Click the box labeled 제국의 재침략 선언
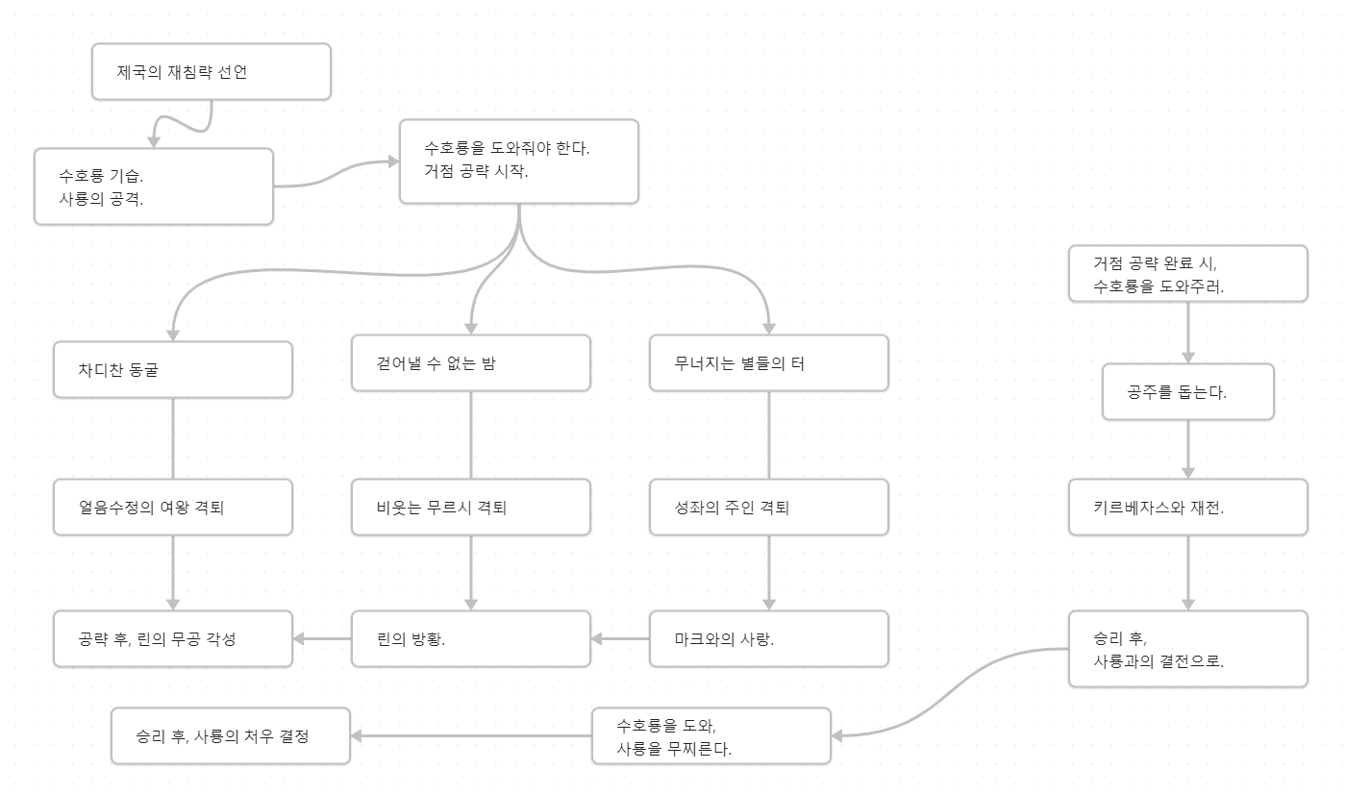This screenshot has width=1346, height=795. click(x=212, y=71)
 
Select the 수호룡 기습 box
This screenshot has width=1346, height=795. click(x=154, y=186)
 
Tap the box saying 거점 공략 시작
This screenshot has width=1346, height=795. click(x=519, y=161)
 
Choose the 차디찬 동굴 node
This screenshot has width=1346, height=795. click(x=173, y=369)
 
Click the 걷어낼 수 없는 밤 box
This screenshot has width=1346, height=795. click(x=471, y=363)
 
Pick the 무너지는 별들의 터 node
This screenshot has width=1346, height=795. click(x=769, y=363)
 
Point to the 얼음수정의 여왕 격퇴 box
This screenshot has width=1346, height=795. click(x=173, y=507)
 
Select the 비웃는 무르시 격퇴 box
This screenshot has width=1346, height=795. click(x=471, y=507)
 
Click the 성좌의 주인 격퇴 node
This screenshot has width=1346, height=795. click(x=769, y=507)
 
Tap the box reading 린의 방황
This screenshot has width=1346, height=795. click(x=471, y=638)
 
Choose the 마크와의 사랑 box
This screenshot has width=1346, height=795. click(x=769, y=638)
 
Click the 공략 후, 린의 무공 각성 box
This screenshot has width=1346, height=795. click(x=173, y=638)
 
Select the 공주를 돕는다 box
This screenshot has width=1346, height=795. click(x=1188, y=391)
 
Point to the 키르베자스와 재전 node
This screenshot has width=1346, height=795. click(x=1188, y=507)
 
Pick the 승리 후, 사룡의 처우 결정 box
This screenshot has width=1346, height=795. click(x=231, y=736)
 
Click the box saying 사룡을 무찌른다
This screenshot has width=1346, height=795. click(x=711, y=736)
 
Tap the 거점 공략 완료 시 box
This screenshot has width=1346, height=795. click(x=1188, y=274)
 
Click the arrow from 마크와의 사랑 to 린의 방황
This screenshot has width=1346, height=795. click(x=620, y=638)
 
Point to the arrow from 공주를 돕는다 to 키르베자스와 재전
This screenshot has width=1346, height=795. click(x=1188, y=449)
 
